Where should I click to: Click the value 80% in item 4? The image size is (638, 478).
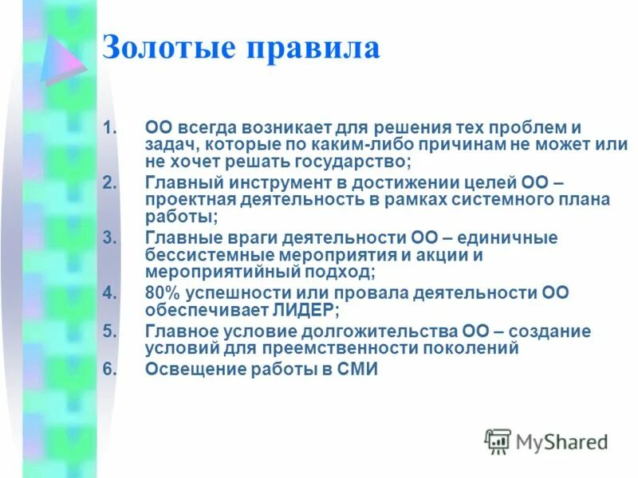(162, 293)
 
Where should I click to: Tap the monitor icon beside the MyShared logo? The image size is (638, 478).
(498, 441)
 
